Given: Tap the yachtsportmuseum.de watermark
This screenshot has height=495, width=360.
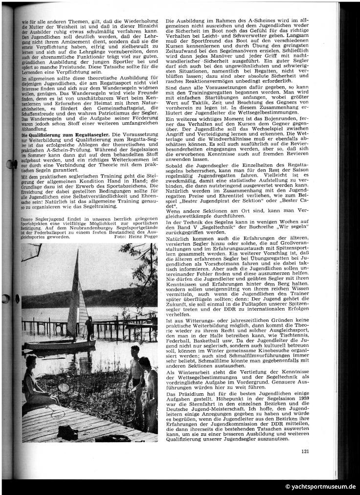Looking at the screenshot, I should [321, 487].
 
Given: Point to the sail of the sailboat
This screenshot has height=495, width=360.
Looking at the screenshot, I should [77, 293].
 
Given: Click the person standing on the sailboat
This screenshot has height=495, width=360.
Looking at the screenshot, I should [89, 327].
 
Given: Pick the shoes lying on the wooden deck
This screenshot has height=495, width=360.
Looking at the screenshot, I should [68, 431].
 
